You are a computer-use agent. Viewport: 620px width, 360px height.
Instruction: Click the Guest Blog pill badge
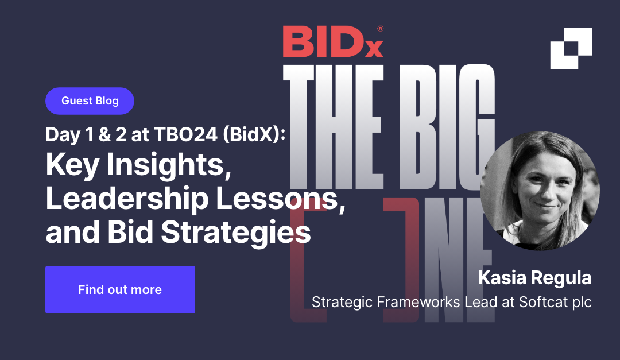[x=90, y=101]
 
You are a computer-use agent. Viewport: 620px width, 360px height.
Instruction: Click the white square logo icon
[x=571, y=48]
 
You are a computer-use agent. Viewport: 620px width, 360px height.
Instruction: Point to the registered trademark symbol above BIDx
[x=380, y=28]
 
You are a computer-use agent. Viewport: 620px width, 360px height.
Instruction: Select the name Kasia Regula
[x=534, y=278]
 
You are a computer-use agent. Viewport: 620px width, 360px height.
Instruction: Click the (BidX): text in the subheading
[x=253, y=134]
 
